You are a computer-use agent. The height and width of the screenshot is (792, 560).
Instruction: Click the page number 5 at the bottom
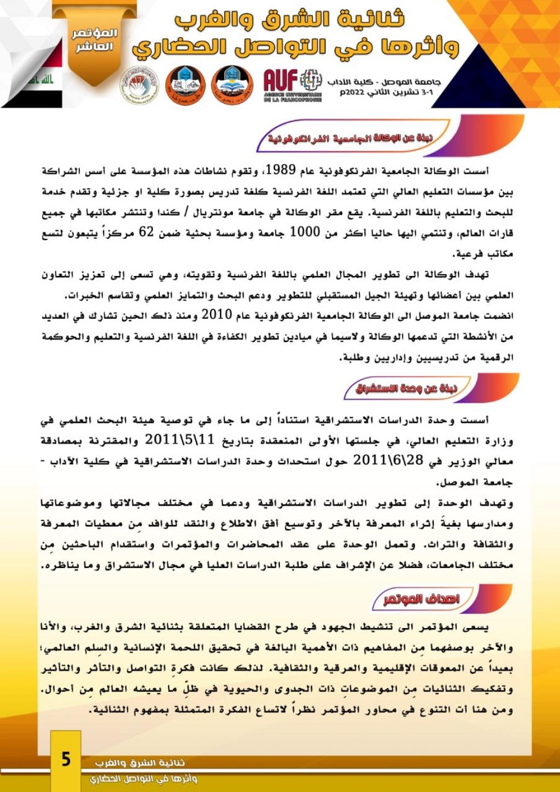pos(66,759)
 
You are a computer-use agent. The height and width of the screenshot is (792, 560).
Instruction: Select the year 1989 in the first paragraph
pos(281,170)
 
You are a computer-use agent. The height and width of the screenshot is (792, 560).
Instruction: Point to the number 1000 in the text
pos(304,232)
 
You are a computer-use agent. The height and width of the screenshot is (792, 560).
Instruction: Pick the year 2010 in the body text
pos(217,315)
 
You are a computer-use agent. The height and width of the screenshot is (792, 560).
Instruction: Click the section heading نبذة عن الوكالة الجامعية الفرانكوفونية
pos(350,138)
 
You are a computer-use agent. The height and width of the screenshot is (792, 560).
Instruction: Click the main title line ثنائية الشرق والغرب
pos(290,19)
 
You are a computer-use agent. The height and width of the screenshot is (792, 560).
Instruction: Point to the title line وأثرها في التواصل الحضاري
pos(295,48)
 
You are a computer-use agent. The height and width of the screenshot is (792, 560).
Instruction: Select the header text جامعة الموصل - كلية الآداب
pos(384,82)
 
